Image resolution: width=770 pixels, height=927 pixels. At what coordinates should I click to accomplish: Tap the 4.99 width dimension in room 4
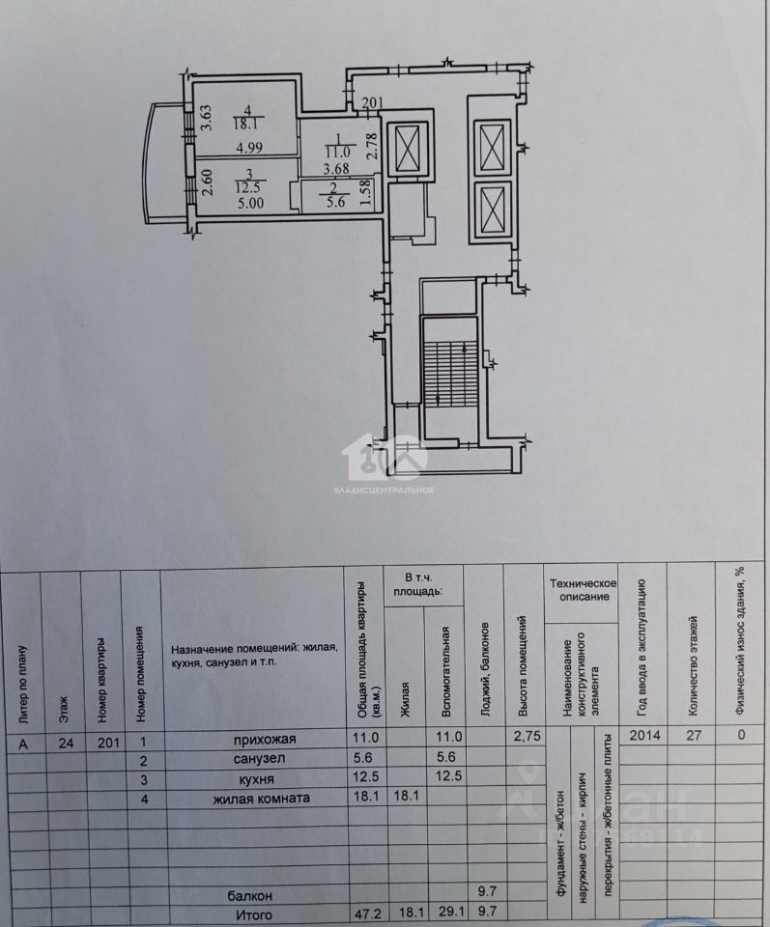tap(250, 148)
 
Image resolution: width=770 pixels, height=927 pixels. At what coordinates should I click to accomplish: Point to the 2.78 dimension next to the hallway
tap(369, 150)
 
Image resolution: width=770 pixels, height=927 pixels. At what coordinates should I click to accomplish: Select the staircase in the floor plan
tap(451, 372)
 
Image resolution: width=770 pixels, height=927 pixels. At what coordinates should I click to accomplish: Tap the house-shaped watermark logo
tap(392, 457)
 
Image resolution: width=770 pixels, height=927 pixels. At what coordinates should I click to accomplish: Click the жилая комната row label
tap(262, 798)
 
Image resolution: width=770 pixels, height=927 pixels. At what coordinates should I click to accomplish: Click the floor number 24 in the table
tap(63, 743)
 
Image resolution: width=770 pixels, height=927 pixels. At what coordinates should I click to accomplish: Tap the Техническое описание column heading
tap(584, 590)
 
